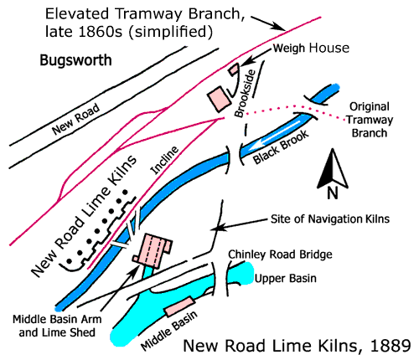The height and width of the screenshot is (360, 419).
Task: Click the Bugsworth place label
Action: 75,60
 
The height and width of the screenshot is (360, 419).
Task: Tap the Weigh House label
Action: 311,48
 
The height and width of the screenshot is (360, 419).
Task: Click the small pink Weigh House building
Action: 234,69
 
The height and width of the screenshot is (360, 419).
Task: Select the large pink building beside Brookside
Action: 220,99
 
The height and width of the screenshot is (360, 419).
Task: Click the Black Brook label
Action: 281,147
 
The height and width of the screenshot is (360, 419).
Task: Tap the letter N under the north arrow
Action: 333,193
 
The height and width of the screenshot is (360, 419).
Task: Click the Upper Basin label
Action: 286,279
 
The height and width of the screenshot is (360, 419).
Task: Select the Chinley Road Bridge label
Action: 280,255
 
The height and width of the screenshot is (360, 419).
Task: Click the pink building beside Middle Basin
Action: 179,306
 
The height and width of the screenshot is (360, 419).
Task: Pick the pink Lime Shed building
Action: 153,250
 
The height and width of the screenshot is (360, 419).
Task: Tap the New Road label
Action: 76,119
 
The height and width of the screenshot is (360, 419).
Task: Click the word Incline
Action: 164,160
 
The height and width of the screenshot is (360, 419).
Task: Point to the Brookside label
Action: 246,93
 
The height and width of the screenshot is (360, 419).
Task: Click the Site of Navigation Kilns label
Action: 330,219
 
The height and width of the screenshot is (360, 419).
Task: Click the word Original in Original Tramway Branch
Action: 370,106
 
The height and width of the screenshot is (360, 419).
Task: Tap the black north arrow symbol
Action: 333,168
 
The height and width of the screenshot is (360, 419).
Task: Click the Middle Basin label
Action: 169,331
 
